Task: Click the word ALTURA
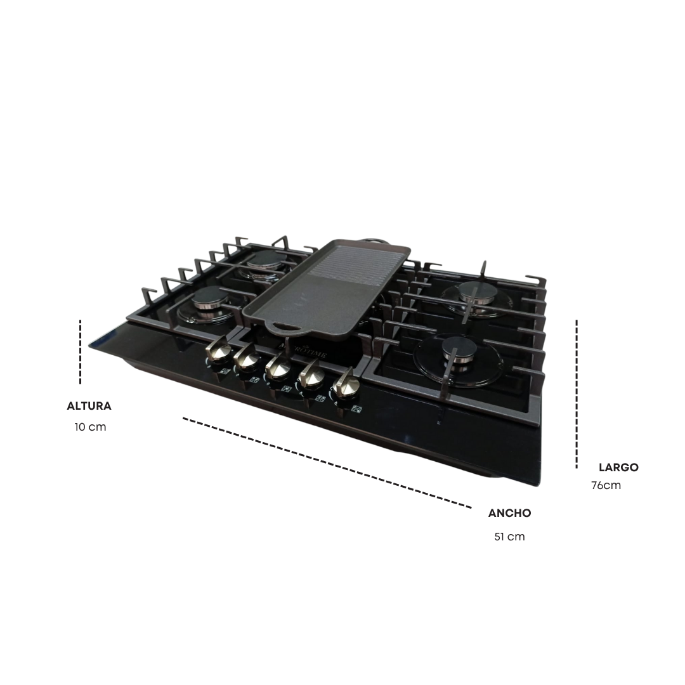click(89, 406)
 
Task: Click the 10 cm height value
click(91, 427)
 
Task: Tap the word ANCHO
click(509, 513)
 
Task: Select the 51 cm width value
click(509, 537)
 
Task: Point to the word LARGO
click(618, 467)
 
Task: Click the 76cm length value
click(606, 485)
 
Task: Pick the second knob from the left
click(247, 357)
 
